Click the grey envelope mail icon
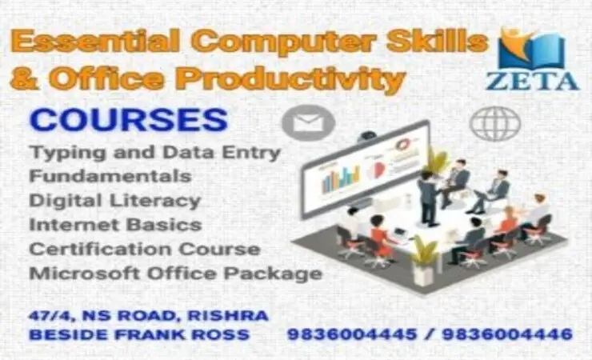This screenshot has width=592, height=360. [x=307, y=122]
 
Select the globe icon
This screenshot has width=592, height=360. [x=495, y=124]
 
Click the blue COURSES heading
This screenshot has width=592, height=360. [x=128, y=120]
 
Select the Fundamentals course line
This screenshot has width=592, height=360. [x=110, y=174]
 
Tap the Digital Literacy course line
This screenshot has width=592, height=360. [x=114, y=199]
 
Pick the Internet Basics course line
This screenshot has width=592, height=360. [x=114, y=224]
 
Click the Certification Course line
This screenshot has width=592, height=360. [x=144, y=249]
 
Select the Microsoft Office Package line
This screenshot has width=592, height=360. [x=175, y=274]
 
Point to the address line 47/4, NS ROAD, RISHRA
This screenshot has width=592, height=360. [x=148, y=316]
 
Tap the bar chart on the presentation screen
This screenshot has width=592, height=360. [x=340, y=180]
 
